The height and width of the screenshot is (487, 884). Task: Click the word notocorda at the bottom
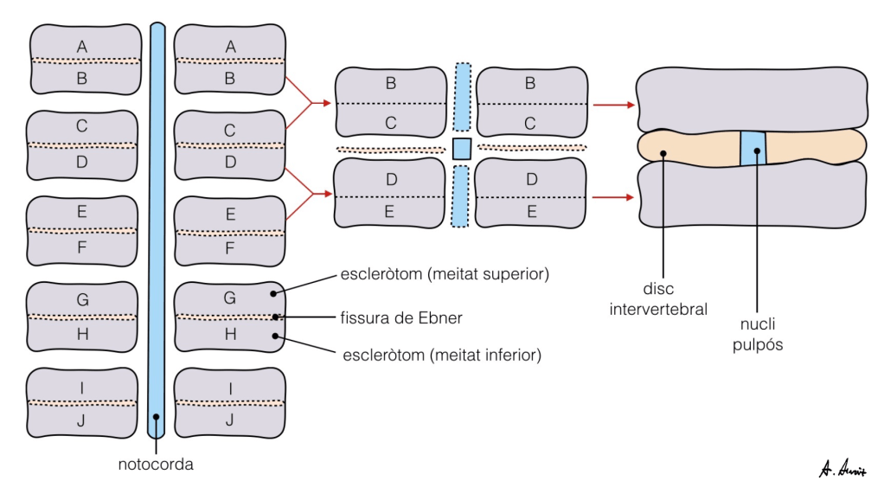tap(156, 465)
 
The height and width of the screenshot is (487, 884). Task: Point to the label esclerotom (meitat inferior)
tap(442, 354)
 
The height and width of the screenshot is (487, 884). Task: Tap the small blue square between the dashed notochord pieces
tap(461, 148)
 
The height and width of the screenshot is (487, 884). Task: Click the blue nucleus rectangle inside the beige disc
tap(753, 148)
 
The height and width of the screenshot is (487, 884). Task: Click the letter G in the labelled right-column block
tap(230, 298)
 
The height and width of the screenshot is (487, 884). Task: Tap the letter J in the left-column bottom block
tap(82, 420)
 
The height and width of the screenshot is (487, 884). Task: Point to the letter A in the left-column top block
tap(82, 46)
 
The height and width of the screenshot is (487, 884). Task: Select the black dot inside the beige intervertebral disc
tap(663, 154)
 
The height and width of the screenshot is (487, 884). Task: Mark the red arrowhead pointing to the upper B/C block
tap(326, 103)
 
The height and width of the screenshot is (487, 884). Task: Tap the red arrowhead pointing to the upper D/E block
tap(326, 194)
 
